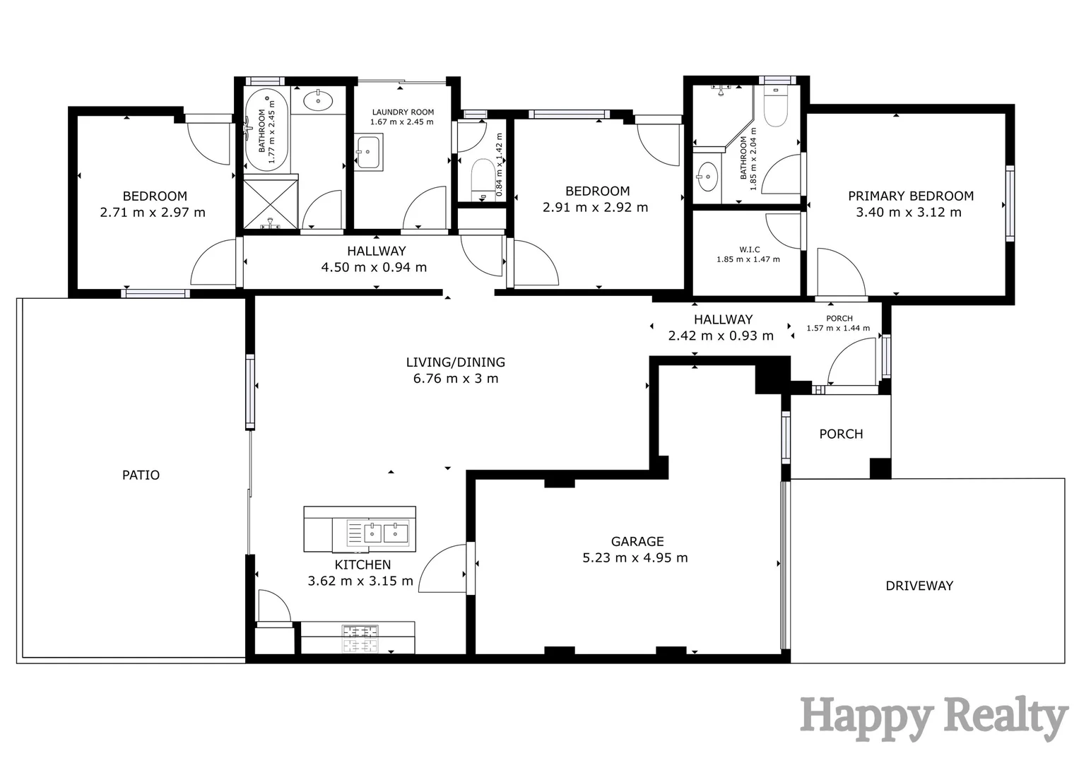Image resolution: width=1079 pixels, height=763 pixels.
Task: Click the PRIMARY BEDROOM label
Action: (x=910, y=196)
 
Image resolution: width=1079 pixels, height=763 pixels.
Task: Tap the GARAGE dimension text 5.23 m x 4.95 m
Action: (x=635, y=557)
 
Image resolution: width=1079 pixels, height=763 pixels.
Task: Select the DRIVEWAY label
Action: (x=919, y=585)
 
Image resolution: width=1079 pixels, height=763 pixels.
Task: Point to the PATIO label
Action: (x=141, y=475)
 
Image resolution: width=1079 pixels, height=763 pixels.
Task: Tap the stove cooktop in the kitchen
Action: (x=361, y=639)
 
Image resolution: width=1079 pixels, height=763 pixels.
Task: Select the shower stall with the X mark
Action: (x=271, y=203)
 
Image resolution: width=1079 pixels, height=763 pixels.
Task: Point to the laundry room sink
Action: (x=367, y=153)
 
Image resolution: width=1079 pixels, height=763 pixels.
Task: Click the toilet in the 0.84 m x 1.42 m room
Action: (x=483, y=177)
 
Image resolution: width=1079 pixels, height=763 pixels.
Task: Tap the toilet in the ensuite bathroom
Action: (x=775, y=107)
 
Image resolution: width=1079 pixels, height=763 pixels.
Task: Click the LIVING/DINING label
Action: (x=455, y=362)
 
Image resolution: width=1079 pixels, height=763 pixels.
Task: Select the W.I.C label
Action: (x=749, y=249)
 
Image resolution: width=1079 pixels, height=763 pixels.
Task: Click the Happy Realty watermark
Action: (x=933, y=718)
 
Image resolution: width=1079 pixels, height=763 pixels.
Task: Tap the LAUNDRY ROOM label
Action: (x=403, y=112)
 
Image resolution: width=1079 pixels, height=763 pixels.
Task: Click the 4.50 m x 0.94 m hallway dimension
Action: (x=374, y=267)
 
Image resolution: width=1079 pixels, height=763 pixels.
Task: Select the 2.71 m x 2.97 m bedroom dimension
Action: (x=153, y=212)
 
